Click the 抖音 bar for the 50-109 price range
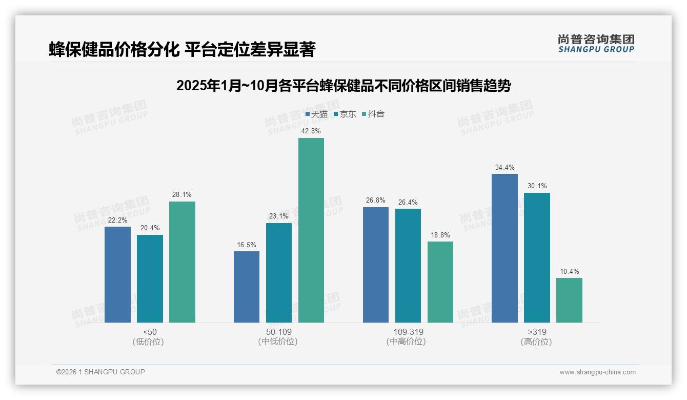coord(311,230)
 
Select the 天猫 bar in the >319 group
coord(504,248)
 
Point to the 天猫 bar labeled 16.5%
coord(247,287)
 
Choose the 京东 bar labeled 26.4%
coord(408,266)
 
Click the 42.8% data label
coord(311,131)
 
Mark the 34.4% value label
coord(504,167)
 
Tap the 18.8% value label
coord(440,235)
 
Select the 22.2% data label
coord(117,220)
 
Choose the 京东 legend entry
coord(345,114)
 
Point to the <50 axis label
coord(150,332)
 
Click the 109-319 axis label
coord(409,332)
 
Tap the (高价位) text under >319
coord(536,342)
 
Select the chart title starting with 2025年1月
coord(343,86)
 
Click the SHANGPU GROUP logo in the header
coord(596,44)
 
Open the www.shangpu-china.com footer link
coord(597,372)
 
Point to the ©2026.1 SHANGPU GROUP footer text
coord(100,372)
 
